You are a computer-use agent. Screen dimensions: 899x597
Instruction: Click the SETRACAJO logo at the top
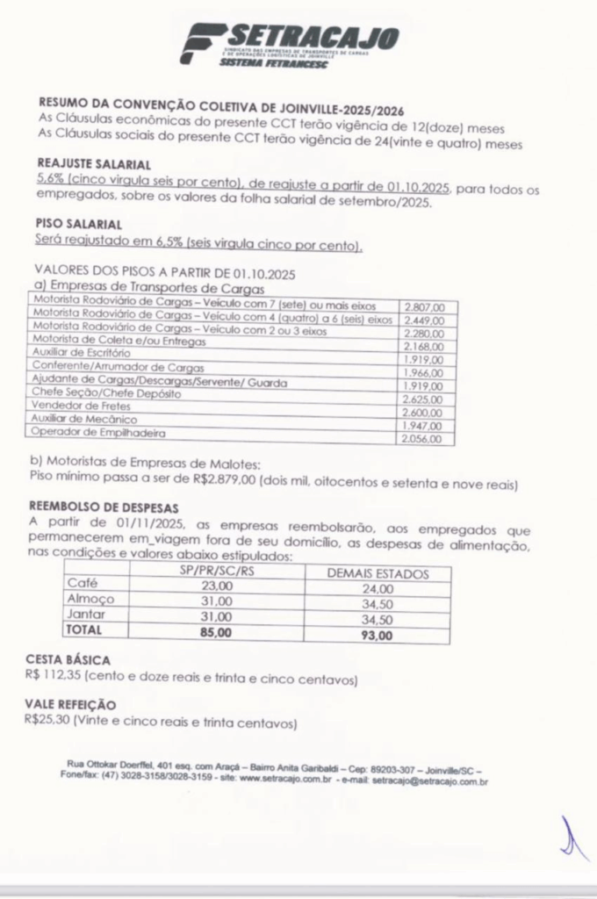[290, 44]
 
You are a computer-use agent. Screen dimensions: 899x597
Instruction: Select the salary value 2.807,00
[426, 306]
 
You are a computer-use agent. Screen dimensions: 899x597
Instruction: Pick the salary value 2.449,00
[426, 320]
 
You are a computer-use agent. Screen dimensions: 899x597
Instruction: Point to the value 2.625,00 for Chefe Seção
[423, 398]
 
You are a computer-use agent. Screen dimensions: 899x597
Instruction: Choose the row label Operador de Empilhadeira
[98, 432]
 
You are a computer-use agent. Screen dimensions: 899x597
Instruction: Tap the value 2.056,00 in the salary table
[424, 438]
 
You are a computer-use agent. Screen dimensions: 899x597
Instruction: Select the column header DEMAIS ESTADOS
[378, 574]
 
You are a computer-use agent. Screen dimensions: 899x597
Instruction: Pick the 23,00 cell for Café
[215, 586]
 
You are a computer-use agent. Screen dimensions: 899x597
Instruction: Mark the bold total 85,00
[217, 631]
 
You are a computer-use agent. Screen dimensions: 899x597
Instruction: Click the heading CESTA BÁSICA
[68, 659]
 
